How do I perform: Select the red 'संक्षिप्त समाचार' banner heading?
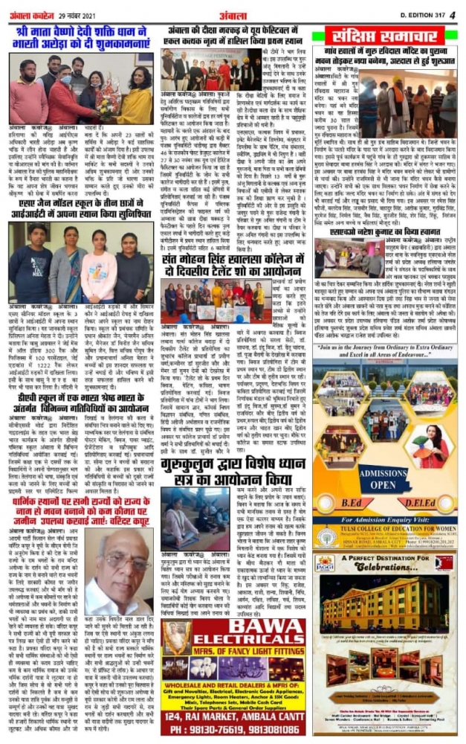pos(385,37)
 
